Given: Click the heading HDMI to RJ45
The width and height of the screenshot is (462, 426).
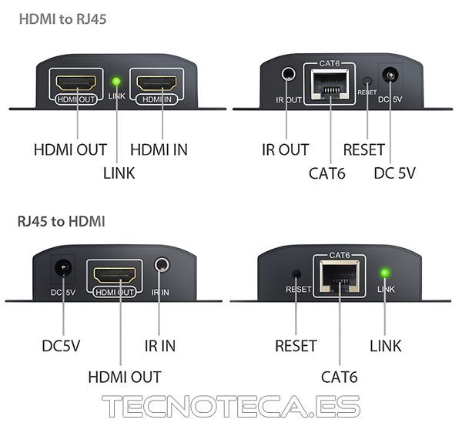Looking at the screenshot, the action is click(63, 19).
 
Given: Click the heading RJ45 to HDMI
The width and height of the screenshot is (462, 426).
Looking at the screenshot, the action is click(62, 221).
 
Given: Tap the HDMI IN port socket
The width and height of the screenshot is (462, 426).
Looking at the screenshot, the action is click(156, 83).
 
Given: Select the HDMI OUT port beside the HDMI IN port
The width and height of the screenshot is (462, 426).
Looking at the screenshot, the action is click(76, 83).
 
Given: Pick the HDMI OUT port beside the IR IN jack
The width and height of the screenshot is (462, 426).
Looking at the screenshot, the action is click(115, 275).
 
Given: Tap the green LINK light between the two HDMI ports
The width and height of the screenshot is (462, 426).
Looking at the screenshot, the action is click(116, 82).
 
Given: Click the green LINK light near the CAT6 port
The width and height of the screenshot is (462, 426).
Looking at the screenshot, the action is click(385, 273).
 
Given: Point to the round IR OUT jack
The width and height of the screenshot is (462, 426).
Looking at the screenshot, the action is click(288, 73).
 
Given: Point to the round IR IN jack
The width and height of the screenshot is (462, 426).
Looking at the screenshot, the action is click(162, 264).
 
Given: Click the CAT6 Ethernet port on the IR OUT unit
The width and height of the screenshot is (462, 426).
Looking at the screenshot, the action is click(330, 85).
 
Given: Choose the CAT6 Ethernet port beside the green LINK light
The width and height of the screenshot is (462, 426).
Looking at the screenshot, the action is click(340, 277).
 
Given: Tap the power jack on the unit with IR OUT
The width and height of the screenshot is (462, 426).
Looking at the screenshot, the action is click(390, 75).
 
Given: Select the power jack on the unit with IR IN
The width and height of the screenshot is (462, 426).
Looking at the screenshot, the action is click(63, 267).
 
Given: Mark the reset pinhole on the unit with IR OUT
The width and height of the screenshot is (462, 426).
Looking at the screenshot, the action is click(367, 81).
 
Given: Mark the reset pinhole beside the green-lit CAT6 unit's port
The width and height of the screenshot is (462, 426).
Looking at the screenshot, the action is click(296, 273).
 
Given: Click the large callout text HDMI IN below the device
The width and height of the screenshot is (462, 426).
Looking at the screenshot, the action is click(159, 149).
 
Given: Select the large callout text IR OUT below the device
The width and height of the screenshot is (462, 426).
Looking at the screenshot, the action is click(285, 149).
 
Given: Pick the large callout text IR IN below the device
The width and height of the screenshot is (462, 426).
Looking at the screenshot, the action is click(160, 346).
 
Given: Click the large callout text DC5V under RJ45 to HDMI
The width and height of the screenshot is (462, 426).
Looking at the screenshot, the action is click(61, 346).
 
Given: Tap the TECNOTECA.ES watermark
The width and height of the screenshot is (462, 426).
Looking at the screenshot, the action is click(231, 406).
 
